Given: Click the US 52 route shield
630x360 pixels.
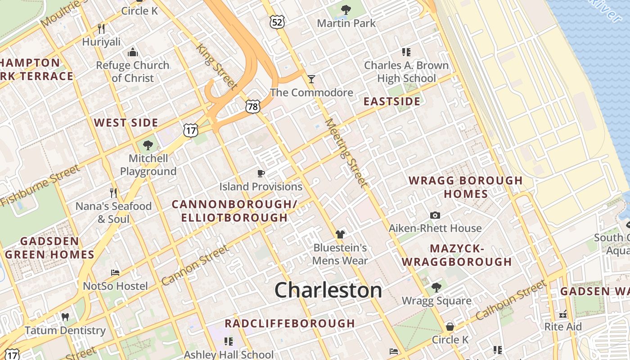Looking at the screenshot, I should pos(277,22).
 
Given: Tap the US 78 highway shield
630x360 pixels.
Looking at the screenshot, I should pos(253,106).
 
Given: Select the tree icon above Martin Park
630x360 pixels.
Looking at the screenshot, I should pos(346,9).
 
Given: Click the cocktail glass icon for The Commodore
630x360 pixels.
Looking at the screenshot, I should pos(311,79).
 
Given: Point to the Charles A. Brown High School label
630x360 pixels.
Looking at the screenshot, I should pos(406,72).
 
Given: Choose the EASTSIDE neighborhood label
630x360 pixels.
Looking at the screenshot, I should pos(392,101).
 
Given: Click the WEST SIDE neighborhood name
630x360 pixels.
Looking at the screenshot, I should pos(126,123).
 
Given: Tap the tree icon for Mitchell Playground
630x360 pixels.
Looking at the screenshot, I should pos(148,145).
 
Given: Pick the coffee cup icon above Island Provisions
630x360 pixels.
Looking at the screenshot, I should pos(261,173).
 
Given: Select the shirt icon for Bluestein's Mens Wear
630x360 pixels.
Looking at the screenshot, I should pos(340,234).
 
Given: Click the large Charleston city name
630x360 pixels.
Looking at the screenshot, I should pos(328,290).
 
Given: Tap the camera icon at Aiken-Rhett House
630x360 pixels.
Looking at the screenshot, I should pos(435,215).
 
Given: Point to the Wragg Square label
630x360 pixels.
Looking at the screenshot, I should pos(436,301).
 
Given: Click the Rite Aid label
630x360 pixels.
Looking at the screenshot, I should pos(563,327).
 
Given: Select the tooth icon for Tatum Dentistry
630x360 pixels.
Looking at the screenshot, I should pos(65,317).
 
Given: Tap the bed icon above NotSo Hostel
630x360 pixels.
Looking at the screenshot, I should pos(115,273).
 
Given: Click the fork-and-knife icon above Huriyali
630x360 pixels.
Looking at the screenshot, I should pos(101,29).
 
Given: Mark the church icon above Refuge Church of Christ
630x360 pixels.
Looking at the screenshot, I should pos(132,52).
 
